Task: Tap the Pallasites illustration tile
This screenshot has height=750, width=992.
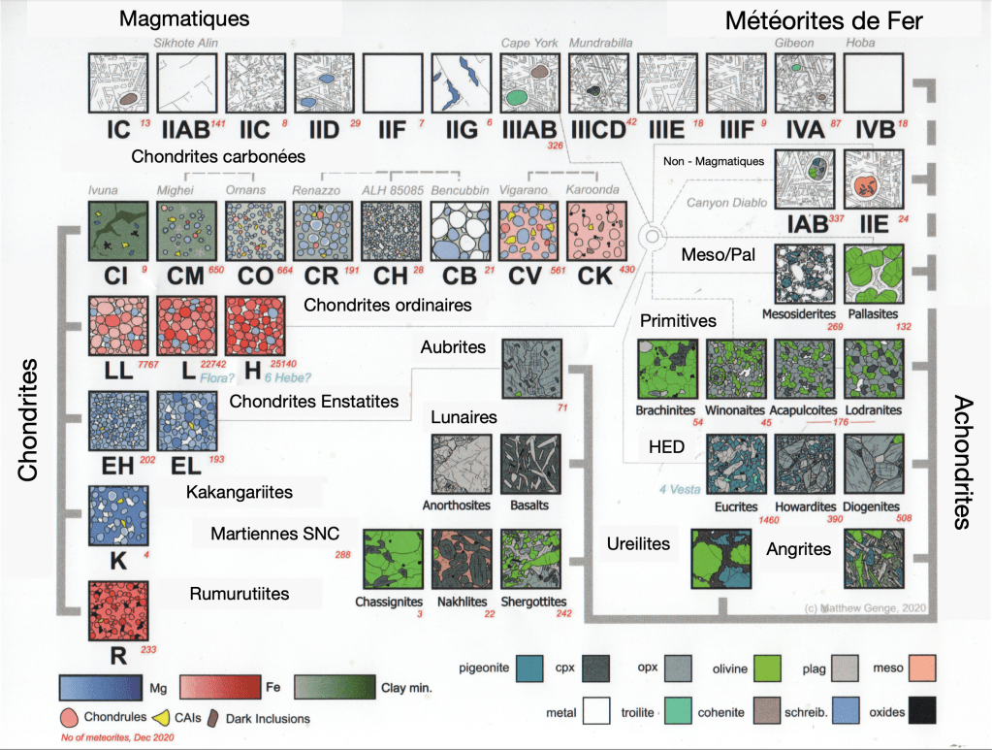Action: pyautogui.click(x=873, y=276)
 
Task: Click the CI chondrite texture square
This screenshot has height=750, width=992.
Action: pyautogui.click(x=118, y=231)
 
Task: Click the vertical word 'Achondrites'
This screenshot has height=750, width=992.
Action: pyautogui.click(x=964, y=462)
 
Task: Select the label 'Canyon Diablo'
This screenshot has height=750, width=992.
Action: pyautogui.click(x=726, y=203)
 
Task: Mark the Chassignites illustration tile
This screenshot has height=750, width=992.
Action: pyautogui.click(x=392, y=561)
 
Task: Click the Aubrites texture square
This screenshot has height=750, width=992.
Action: pyautogui.click(x=530, y=368)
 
